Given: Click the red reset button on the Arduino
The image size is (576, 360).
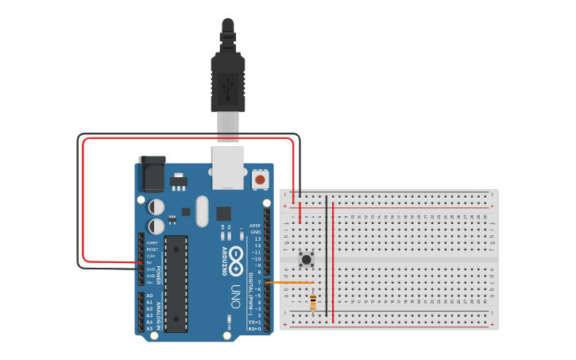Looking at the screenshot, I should pyautogui.click(x=260, y=180).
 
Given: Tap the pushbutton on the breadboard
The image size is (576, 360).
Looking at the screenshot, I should pyautogui.click(x=307, y=258).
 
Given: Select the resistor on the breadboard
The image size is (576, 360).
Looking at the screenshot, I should pyautogui.click(x=313, y=302).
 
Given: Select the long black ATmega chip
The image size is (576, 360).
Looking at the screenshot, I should pyautogui.click(x=176, y=282).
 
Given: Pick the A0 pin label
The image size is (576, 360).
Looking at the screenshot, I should pyautogui.click(x=149, y=296).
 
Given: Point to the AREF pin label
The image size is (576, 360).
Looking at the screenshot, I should pyautogui.click(x=255, y=225).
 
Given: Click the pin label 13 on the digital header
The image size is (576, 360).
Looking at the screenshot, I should pyautogui.click(x=257, y=238).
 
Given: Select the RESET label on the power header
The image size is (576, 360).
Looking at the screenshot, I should pyautogui.click(x=152, y=250).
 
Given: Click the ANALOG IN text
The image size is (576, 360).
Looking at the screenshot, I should pyautogui.click(x=158, y=314).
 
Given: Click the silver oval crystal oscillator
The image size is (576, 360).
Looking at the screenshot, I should pyautogui.click(x=202, y=211).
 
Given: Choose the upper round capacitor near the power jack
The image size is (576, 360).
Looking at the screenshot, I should pyautogui.click(x=157, y=207).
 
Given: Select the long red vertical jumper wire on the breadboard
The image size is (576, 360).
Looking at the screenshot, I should pyautogui.click(x=333, y=262).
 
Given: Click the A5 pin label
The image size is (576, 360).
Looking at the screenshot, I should pyautogui.click(x=149, y=328).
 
